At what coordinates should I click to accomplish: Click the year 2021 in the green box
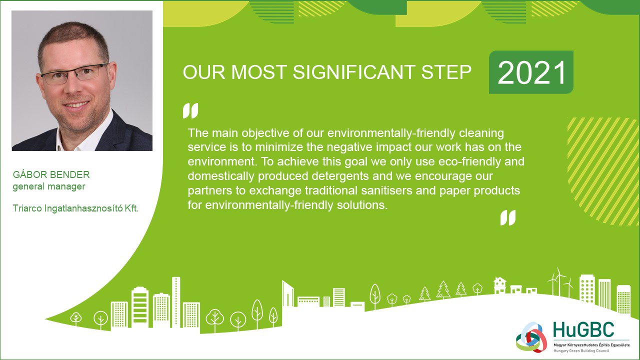(x=531, y=72)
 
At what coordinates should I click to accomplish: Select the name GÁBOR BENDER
(x=51, y=174)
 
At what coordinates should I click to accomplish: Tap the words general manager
(x=49, y=186)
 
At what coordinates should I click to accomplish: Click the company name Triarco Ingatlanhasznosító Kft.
(x=75, y=208)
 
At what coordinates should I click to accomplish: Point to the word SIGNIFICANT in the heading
(x=353, y=72)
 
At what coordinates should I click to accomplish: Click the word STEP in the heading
(x=446, y=72)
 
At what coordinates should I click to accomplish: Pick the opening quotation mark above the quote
(x=190, y=110)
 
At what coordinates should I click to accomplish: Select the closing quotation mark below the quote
(x=508, y=217)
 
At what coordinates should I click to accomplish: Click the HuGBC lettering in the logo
(x=583, y=329)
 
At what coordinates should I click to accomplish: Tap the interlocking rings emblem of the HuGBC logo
(x=531, y=337)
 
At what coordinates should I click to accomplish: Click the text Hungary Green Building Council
(x=581, y=351)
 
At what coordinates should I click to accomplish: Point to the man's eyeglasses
(x=75, y=73)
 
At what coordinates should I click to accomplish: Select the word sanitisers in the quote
(x=386, y=190)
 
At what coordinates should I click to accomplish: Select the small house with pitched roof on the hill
(x=500, y=285)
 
